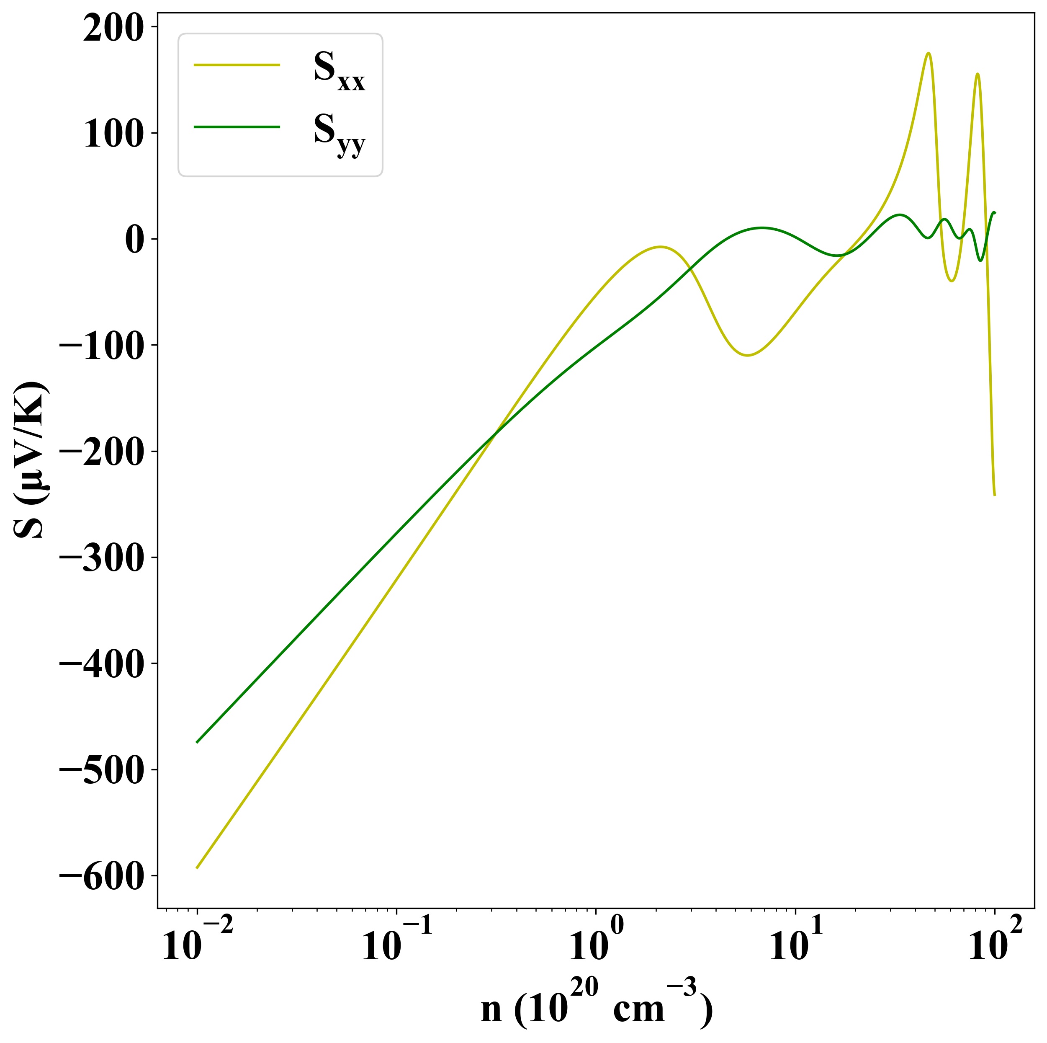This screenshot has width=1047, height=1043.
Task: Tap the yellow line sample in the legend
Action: (x=237, y=65)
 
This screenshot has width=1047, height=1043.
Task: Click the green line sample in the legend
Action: (x=237, y=127)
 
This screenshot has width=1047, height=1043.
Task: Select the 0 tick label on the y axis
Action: (x=134, y=240)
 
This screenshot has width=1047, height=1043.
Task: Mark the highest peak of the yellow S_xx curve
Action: (x=929, y=53)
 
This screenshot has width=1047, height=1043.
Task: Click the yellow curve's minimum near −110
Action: (x=747, y=355)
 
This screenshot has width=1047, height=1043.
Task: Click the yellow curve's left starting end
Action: (x=197, y=868)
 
